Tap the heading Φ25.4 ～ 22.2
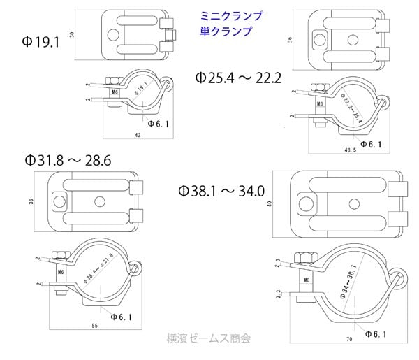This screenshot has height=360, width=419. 238,78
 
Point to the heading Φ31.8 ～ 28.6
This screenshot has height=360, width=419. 67,161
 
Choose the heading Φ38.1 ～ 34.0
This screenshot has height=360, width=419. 221,189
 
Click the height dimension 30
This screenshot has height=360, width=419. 73,34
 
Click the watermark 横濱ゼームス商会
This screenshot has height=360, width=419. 209,338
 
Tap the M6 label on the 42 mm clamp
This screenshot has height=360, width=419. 114,92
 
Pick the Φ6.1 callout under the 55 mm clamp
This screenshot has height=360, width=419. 122,316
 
